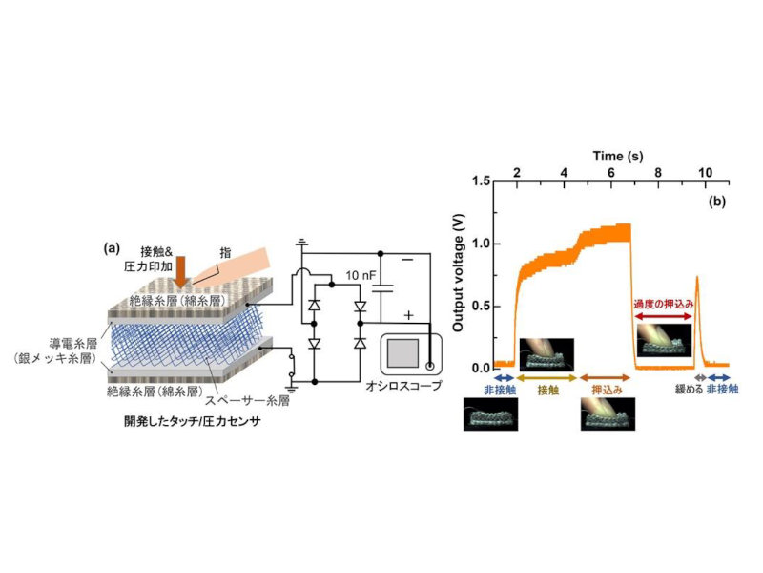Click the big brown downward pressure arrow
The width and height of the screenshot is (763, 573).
180,268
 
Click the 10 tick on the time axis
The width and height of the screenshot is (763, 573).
706,169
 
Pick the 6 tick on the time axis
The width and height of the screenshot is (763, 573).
611,169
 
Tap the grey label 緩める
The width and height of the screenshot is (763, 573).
684,391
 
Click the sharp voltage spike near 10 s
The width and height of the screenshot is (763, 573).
698,279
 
